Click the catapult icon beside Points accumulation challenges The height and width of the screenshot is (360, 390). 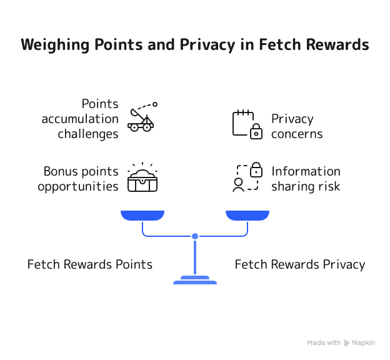pos(142,117)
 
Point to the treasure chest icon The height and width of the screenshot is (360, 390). pos(142,178)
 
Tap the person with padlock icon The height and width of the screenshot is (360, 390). pos(246,177)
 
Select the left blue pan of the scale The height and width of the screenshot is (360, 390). pos(142,216)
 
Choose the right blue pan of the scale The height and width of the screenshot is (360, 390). pos(247,216)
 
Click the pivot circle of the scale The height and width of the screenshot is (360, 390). pos(195,236)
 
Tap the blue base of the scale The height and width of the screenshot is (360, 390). pos(195,281)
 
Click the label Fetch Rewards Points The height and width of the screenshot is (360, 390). pos(90,264)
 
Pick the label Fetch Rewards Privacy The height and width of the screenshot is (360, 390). pos(300,264)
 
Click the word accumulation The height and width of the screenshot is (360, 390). pos(80,119)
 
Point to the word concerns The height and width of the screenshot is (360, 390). pos(297,134)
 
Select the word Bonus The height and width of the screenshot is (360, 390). pos(60,171)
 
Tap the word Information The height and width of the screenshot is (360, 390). pos(306,171)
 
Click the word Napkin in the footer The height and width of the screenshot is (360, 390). pos(363,343)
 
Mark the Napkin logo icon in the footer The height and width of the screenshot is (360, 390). pos(347,343)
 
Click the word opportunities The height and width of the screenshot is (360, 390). pos(77,186)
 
